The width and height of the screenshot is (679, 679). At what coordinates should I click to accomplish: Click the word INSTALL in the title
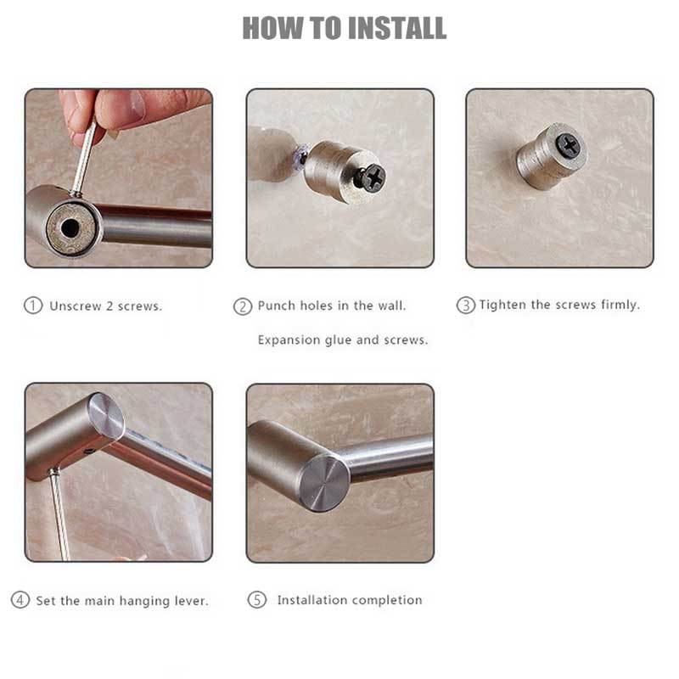[x=396, y=28]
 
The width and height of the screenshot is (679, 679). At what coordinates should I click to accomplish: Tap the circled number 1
[x=33, y=306]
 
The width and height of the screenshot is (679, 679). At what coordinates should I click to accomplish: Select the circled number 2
[x=243, y=306]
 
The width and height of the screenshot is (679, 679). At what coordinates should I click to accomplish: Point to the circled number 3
[x=465, y=306]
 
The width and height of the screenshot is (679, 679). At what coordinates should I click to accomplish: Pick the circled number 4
[x=20, y=600]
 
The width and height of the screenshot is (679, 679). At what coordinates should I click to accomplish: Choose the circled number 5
[x=257, y=600]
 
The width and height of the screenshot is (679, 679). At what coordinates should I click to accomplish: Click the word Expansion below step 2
[x=289, y=340]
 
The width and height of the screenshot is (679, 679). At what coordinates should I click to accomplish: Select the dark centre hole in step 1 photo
[x=70, y=227]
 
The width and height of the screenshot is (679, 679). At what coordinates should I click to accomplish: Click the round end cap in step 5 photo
[x=324, y=484]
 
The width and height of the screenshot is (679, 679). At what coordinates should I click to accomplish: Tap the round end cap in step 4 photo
[x=105, y=416]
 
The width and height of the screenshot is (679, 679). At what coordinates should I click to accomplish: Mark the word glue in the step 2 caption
[x=339, y=340]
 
